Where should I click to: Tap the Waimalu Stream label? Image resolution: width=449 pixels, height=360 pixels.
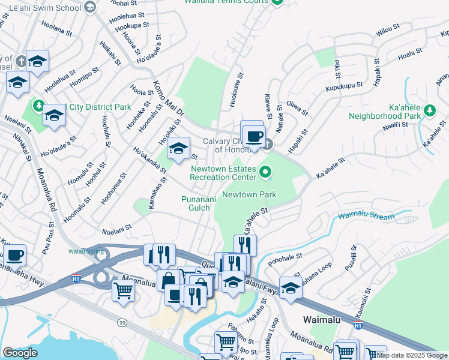click(x=366, y=216)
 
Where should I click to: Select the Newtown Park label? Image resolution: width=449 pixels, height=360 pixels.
click(x=249, y=194)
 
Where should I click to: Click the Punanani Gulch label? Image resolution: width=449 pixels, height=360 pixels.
click(x=196, y=203)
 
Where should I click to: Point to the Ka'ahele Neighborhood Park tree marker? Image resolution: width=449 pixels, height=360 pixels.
click(x=429, y=110)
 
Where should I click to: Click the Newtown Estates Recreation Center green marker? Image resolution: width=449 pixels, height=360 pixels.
click(x=267, y=174)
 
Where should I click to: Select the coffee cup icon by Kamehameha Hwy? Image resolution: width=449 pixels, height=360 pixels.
click(x=14, y=254)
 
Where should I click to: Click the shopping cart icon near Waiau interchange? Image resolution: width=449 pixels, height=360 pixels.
click(x=124, y=290)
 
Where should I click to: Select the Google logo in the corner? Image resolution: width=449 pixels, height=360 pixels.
click(x=20, y=352)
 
